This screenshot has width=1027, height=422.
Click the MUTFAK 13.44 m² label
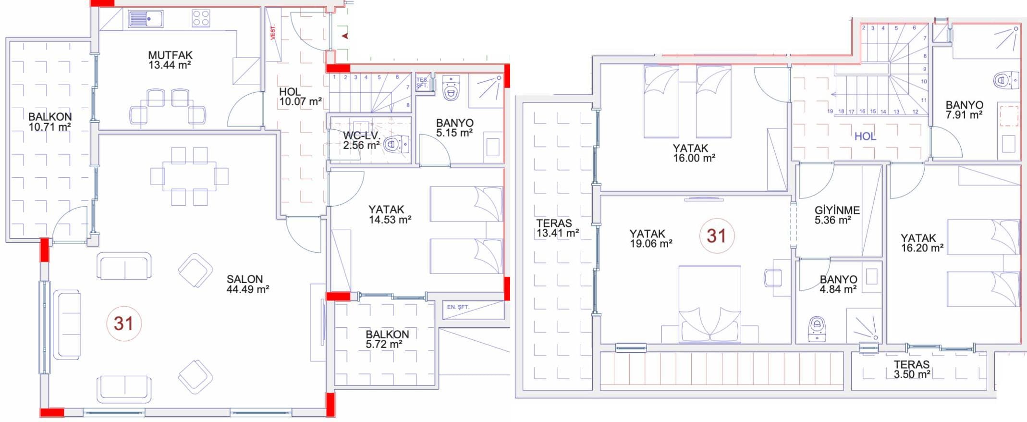pyautogui.click(x=170, y=60)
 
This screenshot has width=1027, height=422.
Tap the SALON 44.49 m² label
pyautogui.click(x=247, y=284)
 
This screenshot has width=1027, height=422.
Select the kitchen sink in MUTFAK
pyautogui.click(x=146, y=19)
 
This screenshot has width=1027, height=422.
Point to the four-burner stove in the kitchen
pyautogui.click(x=201, y=18)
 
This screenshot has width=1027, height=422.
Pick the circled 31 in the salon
pyautogui.click(x=123, y=323)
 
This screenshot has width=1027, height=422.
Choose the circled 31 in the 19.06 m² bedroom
pyautogui.click(x=716, y=236)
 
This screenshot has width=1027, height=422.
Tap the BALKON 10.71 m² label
pyautogui.click(x=50, y=122)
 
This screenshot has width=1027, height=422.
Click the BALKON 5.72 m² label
pyautogui.click(x=387, y=339)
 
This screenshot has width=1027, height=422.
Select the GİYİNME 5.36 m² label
pyautogui.click(x=837, y=215)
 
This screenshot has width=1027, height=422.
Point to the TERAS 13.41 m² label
pyautogui.click(x=557, y=228)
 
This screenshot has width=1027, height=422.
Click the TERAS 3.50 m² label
pyautogui.click(x=912, y=369)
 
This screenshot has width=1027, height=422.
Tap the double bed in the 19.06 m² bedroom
pyautogui.click(x=709, y=304)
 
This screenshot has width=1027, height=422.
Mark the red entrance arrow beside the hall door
pyautogui.click(x=344, y=36)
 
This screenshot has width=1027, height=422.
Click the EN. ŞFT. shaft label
pyautogui.click(x=458, y=307)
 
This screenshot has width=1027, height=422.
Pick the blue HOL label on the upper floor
pyautogui.click(x=865, y=137)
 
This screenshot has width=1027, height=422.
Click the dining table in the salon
pyautogui.click(x=189, y=176)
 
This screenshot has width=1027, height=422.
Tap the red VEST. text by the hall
pyautogui.click(x=273, y=32)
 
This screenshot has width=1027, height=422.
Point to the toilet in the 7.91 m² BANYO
pyautogui.click(x=1006, y=80)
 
